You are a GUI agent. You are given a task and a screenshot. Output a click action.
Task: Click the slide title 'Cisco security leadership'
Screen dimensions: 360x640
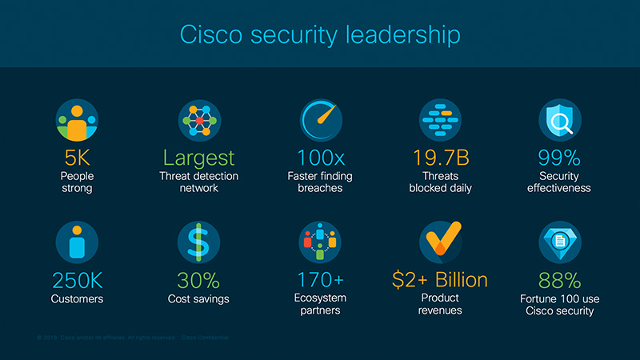320,36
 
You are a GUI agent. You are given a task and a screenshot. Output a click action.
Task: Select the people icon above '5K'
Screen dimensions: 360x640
78,121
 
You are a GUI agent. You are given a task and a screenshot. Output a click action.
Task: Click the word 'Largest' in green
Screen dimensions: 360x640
199,158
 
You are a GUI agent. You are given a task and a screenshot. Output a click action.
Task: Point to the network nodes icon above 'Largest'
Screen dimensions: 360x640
199,121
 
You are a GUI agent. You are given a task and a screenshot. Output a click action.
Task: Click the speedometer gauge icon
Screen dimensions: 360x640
320,121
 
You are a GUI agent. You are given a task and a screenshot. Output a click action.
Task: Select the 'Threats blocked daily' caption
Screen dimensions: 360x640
440,182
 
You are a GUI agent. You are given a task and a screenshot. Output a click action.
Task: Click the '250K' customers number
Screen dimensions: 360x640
78,280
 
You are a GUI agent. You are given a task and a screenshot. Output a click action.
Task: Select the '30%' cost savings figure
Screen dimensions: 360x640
199,280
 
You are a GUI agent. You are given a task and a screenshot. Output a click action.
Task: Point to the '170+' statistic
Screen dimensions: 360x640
320,280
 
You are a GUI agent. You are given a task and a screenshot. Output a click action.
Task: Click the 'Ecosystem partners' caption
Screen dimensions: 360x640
320,305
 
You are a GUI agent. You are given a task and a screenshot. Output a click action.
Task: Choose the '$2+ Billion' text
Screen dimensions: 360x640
440,280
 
